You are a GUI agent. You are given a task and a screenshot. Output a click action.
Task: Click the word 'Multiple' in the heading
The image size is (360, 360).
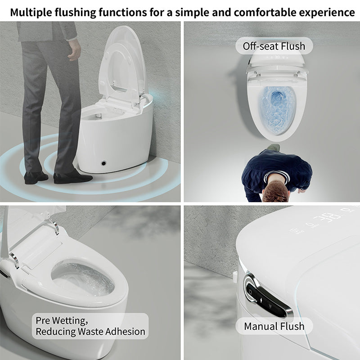pos(31,13)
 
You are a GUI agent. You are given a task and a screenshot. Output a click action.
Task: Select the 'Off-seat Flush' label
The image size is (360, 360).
pos(274,46)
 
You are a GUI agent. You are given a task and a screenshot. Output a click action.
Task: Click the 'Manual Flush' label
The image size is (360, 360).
pos(274,326)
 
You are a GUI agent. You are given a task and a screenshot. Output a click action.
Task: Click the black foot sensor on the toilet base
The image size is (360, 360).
pos(103,163)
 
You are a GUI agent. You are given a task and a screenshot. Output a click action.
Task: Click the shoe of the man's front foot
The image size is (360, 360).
pos(73,177)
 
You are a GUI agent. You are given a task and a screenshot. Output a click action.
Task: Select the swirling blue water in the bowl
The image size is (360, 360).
pos(277,110)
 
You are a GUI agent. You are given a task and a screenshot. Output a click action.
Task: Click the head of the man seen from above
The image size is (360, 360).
pos(275,191)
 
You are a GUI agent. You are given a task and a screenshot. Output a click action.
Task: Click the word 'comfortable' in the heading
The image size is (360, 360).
pos(265,13)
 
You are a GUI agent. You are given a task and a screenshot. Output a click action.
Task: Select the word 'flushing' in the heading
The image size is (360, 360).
pos(75,13)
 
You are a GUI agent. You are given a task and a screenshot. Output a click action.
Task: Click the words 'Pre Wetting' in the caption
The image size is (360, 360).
pos(62,320)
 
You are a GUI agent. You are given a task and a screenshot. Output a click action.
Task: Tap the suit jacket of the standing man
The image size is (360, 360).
pos(47,31)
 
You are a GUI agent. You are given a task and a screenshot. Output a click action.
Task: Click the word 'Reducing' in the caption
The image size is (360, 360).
pos(56,332)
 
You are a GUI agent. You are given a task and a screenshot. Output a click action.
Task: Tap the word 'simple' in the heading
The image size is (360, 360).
pos(193,13)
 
